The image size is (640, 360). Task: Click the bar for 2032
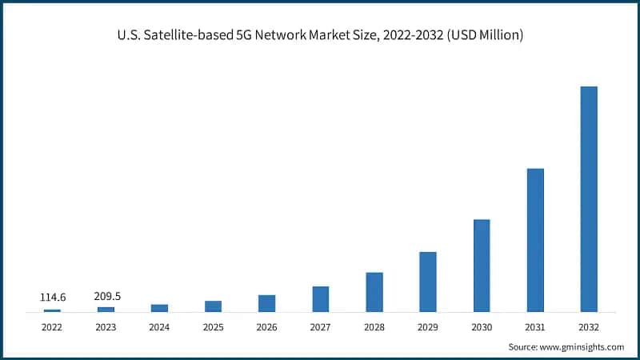pyautogui.click(x=588, y=198)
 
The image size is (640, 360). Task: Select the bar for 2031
pyautogui.click(x=535, y=240)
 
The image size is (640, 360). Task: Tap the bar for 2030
pyautogui.click(x=482, y=266)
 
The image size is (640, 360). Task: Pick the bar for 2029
pyautogui.click(x=428, y=282)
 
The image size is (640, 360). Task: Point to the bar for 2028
pyautogui.click(x=374, y=292)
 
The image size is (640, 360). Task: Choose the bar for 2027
pyautogui.click(x=320, y=299)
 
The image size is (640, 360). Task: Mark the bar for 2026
pyautogui.click(x=266, y=303)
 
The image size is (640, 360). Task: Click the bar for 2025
pyautogui.click(x=213, y=306)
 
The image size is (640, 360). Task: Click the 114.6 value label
pyautogui.click(x=53, y=298)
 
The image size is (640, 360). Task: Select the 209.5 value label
pyautogui.click(x=106, y=296)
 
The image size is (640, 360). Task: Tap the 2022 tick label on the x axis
pyautogui.click(x=52, y=327)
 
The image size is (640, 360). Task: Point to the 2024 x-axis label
pyautogui.click(x=159, y=327)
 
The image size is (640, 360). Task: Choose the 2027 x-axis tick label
pyautogui.click(x=320, y=327)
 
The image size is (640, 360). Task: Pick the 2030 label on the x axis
pyautogui.click(x=482, y=327)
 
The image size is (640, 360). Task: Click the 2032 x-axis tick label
pyautogui.click(x=588, y=327)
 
